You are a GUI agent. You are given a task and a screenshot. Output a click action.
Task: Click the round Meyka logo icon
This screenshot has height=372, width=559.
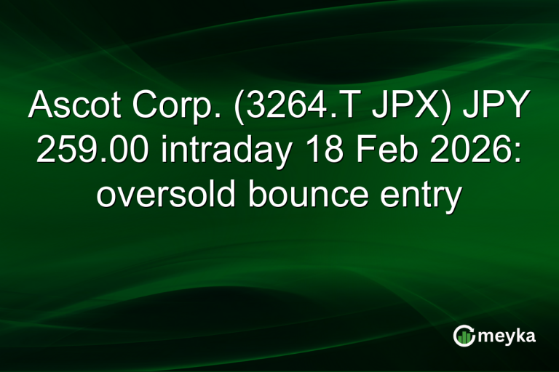point(464,335)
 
